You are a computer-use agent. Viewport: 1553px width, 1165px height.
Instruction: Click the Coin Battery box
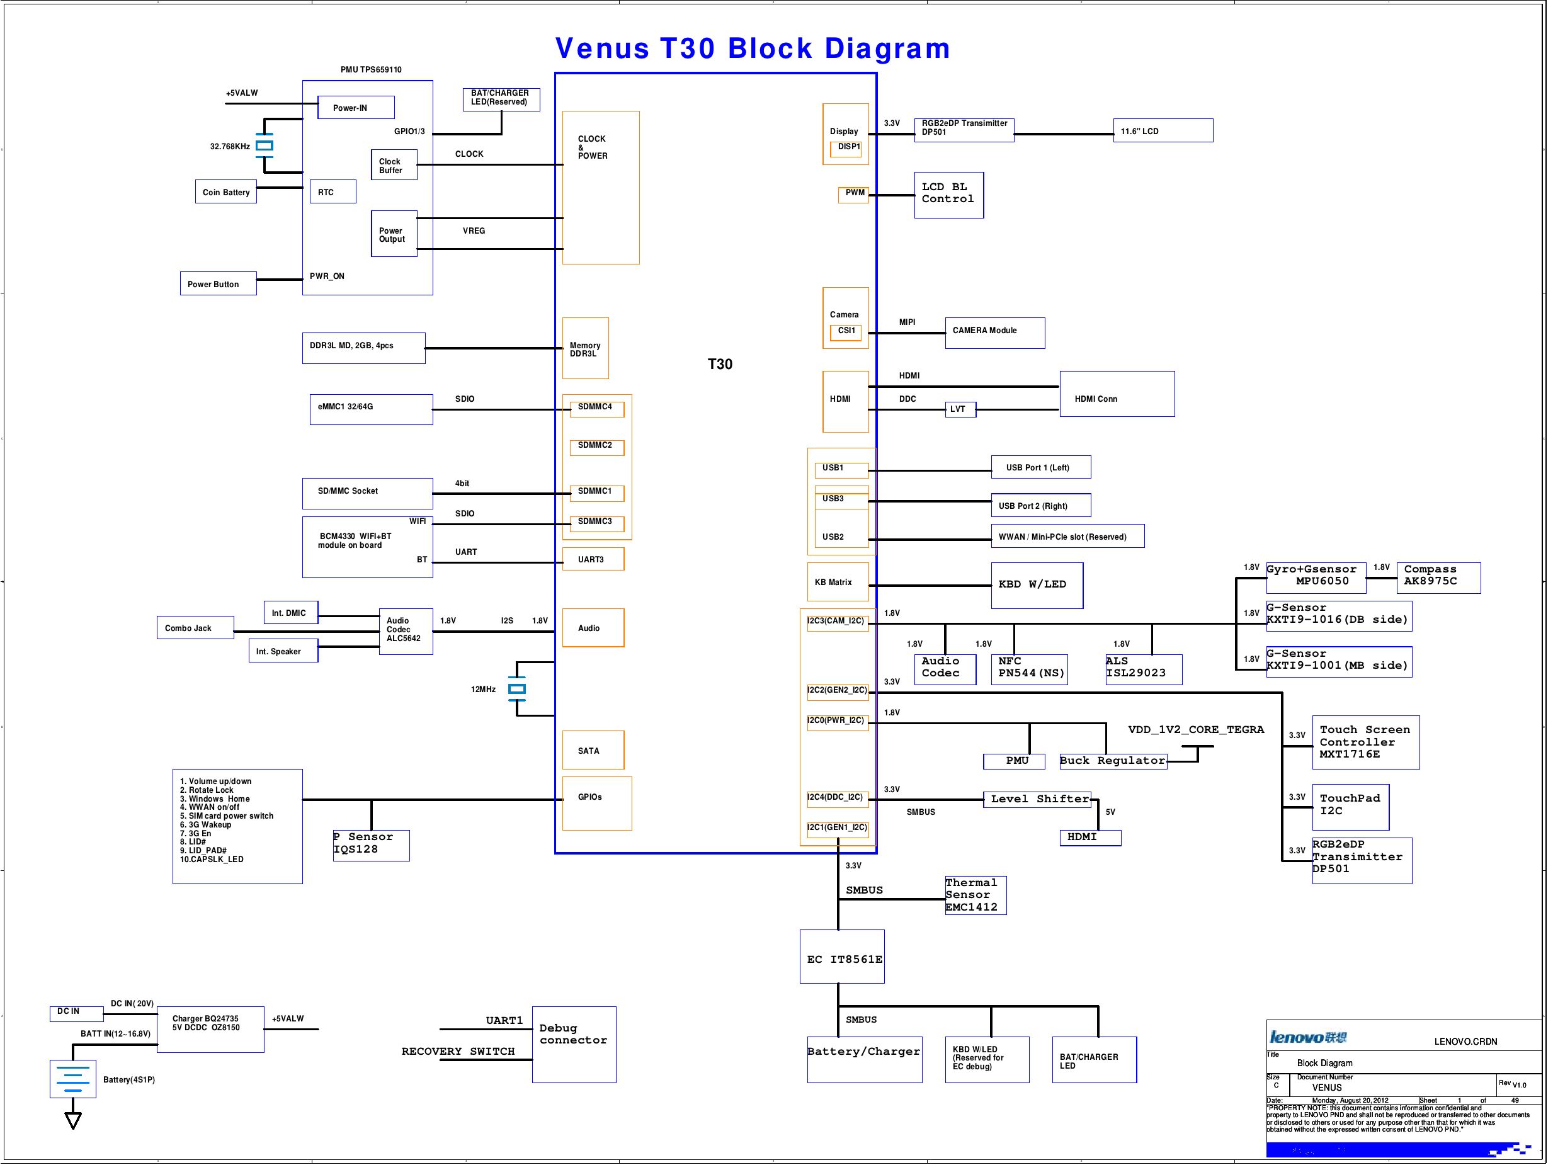coord(226,191)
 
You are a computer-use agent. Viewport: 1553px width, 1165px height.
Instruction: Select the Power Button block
coord(218,284)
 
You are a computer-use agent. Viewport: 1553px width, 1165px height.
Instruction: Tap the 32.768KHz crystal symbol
coord(264,146)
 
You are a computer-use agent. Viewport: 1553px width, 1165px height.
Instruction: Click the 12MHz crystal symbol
coord(517,689)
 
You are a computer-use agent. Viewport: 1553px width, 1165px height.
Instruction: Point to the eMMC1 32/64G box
coord(371,409)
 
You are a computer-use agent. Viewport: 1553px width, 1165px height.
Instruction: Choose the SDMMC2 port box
coord(596,446)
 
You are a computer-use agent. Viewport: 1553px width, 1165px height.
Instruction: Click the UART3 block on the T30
coord(593,559)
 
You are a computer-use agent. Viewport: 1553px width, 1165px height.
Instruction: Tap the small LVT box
coord(959,409)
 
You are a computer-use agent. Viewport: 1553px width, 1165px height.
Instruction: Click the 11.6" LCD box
coord(1162,130)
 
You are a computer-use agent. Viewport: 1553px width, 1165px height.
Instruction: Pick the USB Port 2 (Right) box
coord(1040,505)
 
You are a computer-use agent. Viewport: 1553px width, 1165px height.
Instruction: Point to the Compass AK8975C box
coord(1438,577)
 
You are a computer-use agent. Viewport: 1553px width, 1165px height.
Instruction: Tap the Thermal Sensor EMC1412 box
coord(974,895)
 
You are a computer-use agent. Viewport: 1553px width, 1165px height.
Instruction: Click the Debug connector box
coord(574,1044)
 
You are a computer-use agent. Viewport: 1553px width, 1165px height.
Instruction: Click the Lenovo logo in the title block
coord(1307,1037)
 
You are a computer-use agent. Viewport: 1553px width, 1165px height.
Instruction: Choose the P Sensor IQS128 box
coord(371,845)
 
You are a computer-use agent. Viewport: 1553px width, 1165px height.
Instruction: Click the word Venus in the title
coord(601,48)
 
